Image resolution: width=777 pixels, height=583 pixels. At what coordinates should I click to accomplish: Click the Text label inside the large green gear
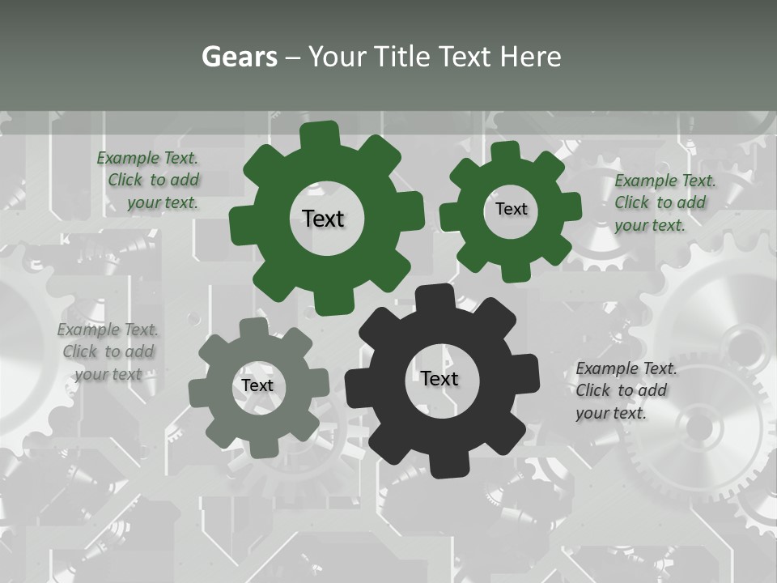[324, 219]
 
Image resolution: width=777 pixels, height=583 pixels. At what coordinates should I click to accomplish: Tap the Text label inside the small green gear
[512, 209]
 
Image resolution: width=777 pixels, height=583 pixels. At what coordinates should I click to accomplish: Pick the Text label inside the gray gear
[257, 385]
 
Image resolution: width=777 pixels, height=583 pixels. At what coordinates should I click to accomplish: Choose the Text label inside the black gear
[439, 378]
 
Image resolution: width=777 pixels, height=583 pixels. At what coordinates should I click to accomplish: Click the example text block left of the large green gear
[149, 181]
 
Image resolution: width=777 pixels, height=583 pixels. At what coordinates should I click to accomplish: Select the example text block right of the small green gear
[664, 202]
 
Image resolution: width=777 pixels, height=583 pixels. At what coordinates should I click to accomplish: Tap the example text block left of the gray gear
[108, 351]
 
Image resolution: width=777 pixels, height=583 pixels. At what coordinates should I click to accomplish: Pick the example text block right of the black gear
[625, 390]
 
